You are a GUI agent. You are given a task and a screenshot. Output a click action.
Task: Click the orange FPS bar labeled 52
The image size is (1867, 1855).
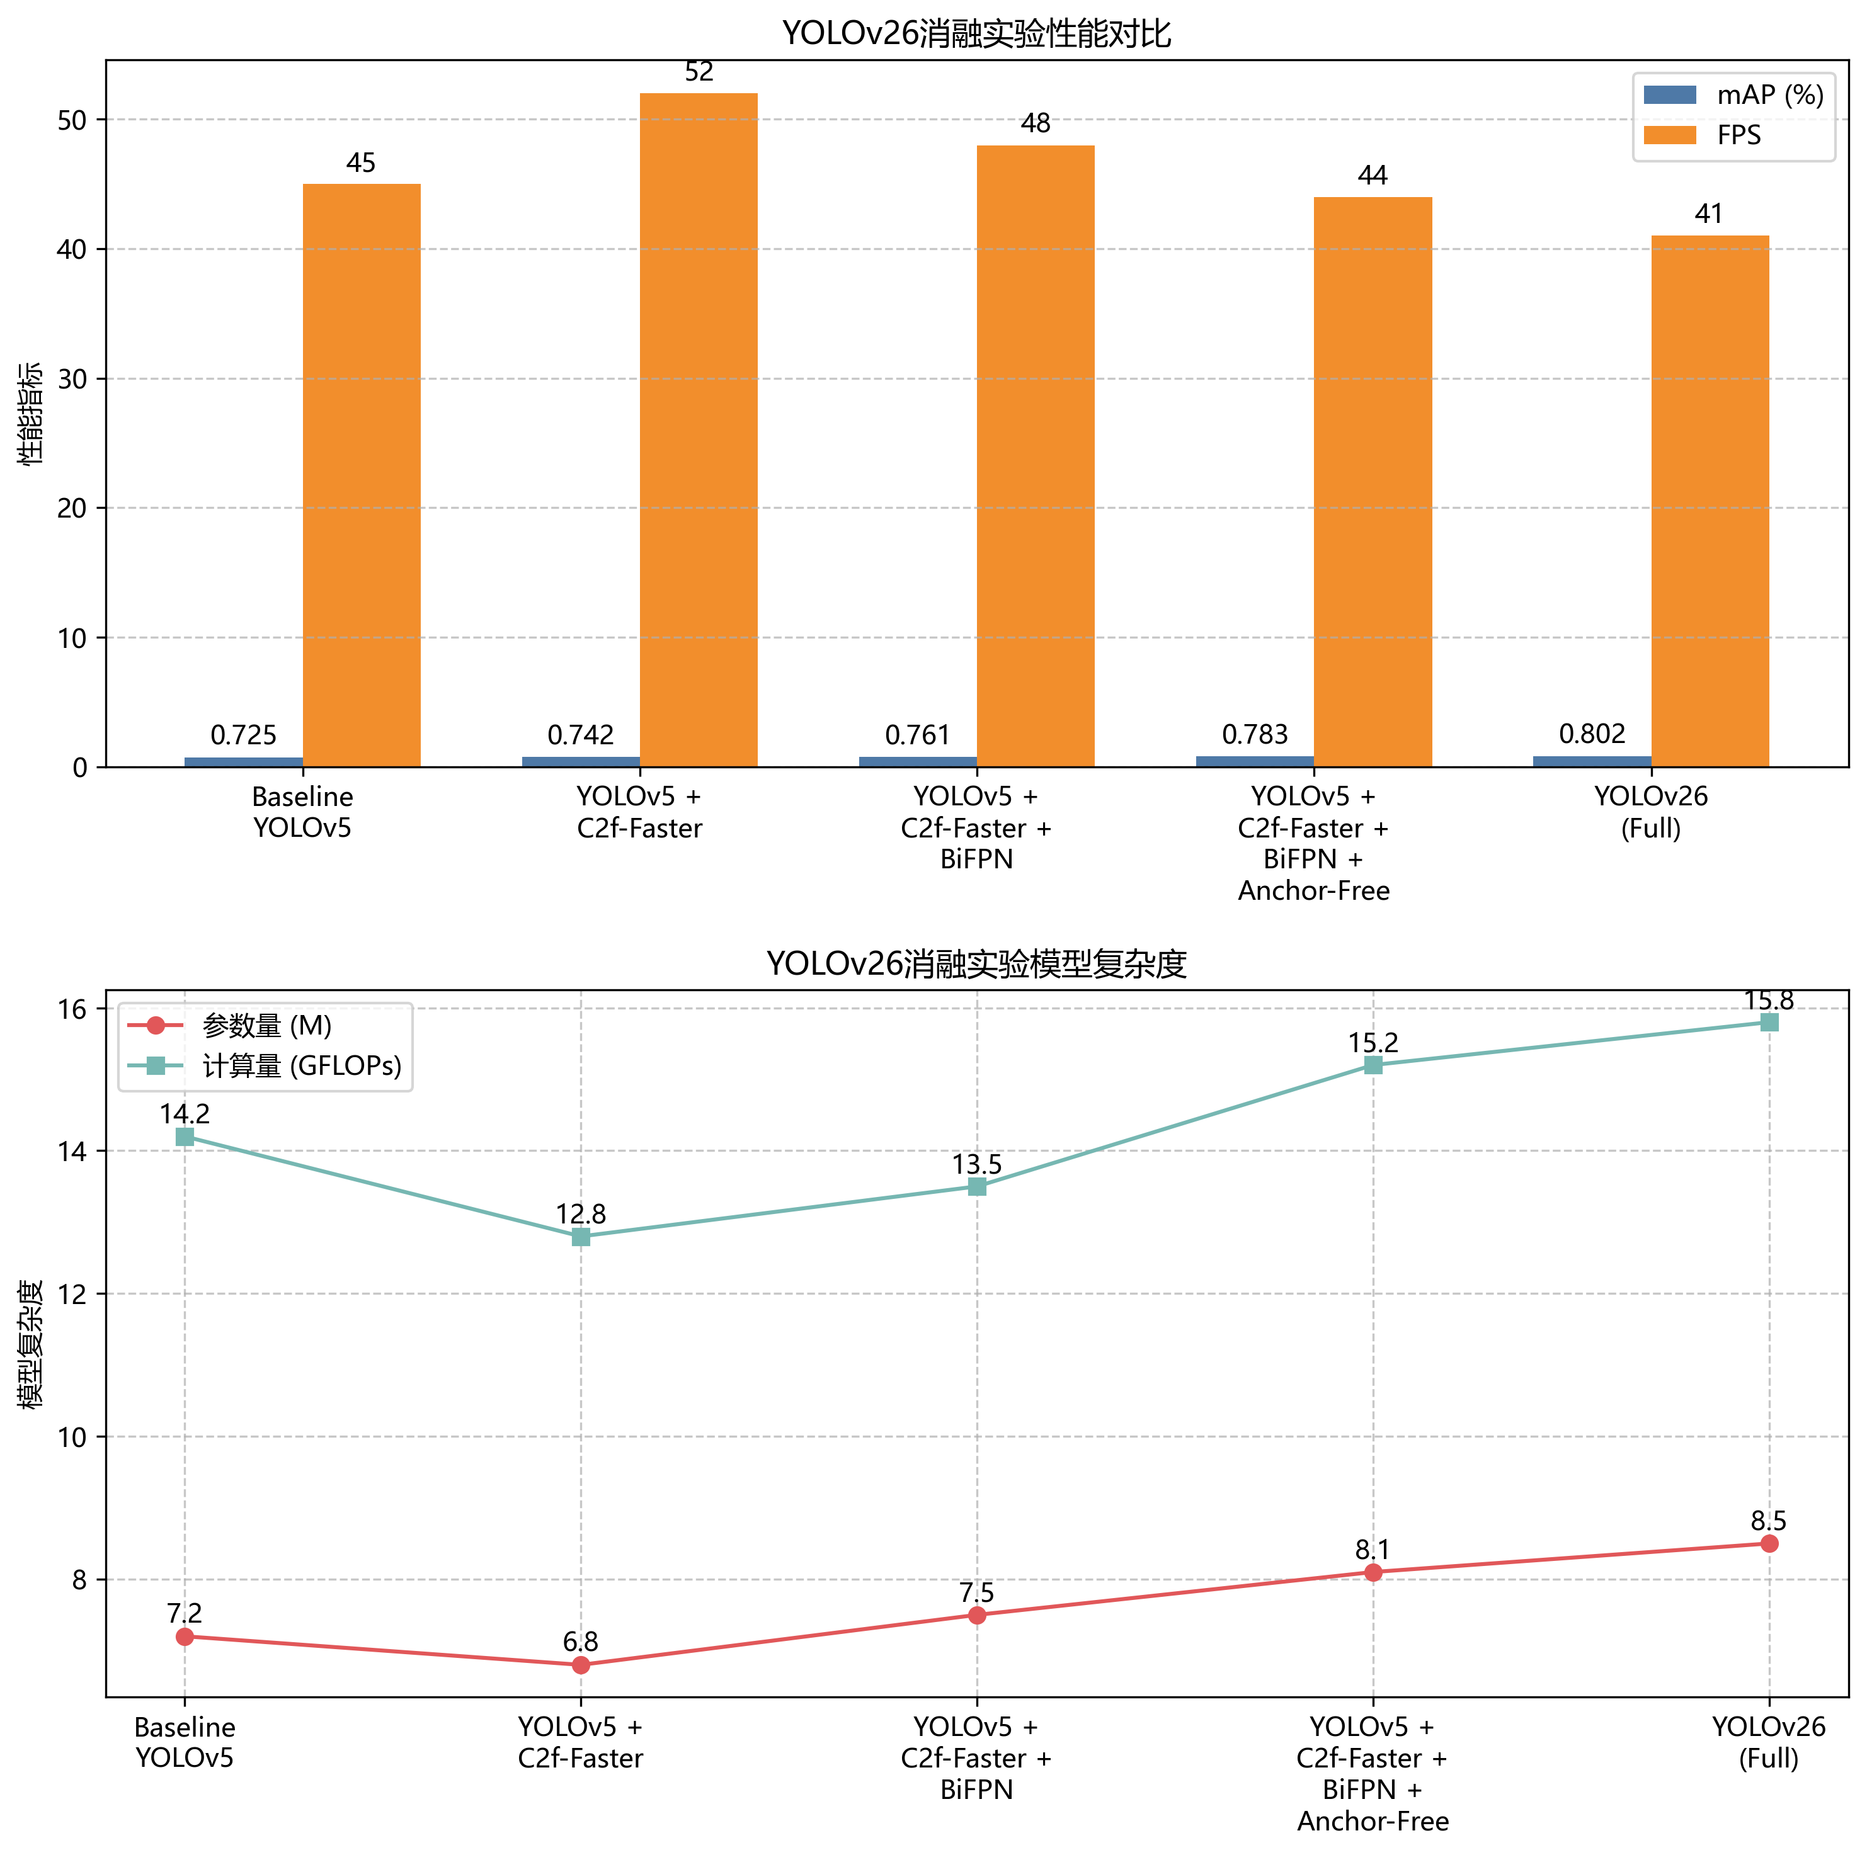coord(698,430)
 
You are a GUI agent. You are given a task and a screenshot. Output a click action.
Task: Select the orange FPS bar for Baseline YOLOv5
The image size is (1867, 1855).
coord(362,475)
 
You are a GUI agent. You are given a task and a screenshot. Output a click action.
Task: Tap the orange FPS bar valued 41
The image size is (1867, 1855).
coord(1710,501)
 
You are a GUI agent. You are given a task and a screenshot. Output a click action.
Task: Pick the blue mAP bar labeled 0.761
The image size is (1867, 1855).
coord(917,761)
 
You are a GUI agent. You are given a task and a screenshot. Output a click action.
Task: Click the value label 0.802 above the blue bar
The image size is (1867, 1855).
coord(1592,734)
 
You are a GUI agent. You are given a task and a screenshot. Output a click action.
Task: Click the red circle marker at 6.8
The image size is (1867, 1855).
coord(581,1665)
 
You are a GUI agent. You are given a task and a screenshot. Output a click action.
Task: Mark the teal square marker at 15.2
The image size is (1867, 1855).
coord(1373,1065)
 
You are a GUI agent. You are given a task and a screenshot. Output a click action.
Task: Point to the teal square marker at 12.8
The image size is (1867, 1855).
coord(581,1237)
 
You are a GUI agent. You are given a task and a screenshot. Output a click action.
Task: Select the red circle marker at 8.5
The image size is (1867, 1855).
coord(1769,1544)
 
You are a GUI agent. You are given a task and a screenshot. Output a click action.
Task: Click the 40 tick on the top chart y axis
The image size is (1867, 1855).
coord(72,249)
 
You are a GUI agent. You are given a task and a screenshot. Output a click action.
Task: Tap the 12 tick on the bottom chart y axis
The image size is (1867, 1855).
coord(72,1294)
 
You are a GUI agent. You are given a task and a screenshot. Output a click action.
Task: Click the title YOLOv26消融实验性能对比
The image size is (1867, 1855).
coord(976,34)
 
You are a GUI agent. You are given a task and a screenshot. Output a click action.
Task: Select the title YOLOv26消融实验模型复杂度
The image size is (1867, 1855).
coord(976,963)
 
